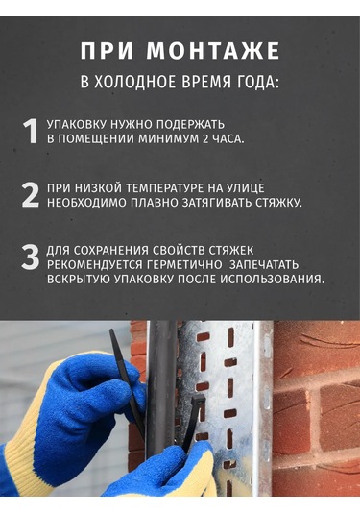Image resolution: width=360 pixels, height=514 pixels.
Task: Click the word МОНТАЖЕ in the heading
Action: (213, 51)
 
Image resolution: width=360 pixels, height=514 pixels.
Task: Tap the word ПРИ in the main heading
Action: (107, 51)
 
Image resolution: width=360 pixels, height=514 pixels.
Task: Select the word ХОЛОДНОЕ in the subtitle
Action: (135, 82)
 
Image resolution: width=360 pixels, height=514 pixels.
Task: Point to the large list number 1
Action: (30, 131)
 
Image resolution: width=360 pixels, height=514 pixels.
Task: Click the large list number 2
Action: (30, 195)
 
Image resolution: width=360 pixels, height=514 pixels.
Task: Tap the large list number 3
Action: (30, 257)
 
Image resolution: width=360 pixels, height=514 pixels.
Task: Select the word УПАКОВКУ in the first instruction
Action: (78, 125)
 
